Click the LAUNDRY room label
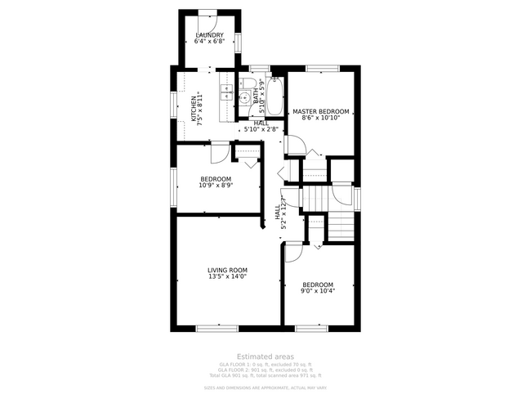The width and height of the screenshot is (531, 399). tap(210, 35)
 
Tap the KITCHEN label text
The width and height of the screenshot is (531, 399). tap(194, 109)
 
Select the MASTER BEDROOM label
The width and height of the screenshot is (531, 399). tap(321, 111)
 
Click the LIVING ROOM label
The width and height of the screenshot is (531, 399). tap(227, 270)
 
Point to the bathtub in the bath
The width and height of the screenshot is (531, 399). tap(274, 96)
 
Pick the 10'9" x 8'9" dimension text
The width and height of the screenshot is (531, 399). tap(216, 186)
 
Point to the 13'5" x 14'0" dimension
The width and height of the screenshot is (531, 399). tap(227, 277)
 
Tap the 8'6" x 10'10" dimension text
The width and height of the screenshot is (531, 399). tap(321, 119)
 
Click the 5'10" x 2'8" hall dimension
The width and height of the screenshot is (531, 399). tap(261, 129)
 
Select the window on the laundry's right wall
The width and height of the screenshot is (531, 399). tap(238, 43)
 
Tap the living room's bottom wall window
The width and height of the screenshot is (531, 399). tap(216, 329)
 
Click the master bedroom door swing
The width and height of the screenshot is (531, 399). tap(295, 146)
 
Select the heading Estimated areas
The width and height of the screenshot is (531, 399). tap(265, 356)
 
